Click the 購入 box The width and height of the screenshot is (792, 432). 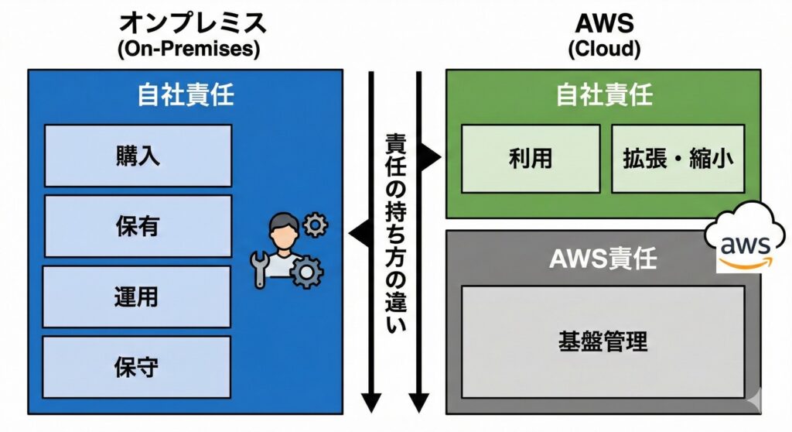point(138,156)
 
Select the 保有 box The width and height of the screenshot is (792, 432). point(138,226)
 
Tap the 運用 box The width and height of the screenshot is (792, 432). point(138,297)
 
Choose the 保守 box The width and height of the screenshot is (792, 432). point(138,366)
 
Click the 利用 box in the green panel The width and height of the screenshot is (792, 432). point(531,159)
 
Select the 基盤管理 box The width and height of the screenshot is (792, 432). point(603,341)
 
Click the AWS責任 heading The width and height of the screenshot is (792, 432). point(603,259)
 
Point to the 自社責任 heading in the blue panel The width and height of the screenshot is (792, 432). point(186,95)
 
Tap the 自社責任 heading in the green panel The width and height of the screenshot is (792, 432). point(604,95)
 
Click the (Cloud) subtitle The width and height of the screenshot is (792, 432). point(604,50)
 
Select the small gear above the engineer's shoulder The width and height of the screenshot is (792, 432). point(316,225)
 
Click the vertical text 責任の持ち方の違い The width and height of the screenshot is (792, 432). point(395,232)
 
